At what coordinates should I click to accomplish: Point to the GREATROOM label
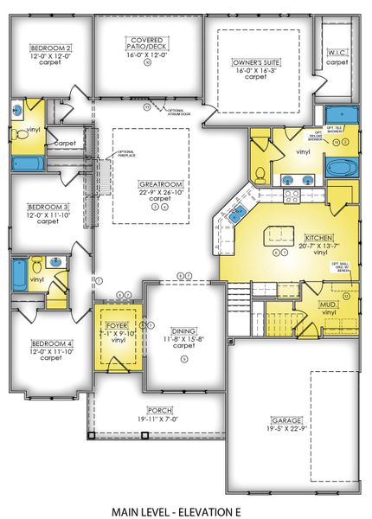pyautogui.click(x=157, y=184)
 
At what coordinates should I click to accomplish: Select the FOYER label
pyautogui.click(x=116, y=326)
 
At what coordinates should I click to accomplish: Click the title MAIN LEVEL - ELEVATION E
pyautogui.click(x=185, y=510)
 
